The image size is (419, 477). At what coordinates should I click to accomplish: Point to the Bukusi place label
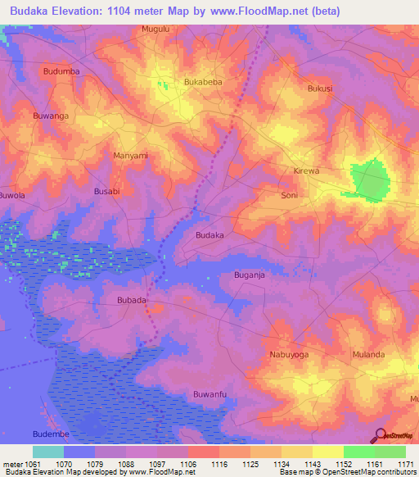coord(320,88)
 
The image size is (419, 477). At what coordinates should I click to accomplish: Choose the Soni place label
coord(289,196)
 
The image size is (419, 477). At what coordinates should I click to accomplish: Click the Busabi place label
coord(107,191)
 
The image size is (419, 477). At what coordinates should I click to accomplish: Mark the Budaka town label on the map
coord(209,235)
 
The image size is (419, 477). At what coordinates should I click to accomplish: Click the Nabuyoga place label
coord(289,355)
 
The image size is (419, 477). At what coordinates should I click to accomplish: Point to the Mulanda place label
coord(368,355)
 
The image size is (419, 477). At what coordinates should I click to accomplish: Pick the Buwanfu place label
coord(209,395)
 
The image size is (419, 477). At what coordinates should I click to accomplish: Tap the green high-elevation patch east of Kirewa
coord(371,180)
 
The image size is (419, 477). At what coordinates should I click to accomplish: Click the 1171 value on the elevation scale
coord(406,464)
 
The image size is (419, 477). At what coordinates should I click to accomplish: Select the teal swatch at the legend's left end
coord(48,452)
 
